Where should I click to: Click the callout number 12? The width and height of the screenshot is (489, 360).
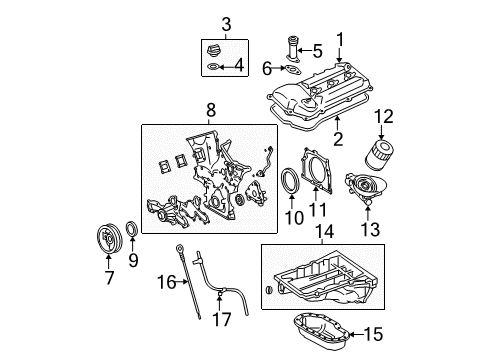tap(384, 116)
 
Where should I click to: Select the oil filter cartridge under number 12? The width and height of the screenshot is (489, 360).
tap(380, 155)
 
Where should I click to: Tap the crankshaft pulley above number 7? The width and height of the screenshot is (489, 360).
tap(108, 239)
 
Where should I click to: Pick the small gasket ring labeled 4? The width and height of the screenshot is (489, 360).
tap(212, 67)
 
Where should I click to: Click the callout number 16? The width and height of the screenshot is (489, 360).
tap(167, 282)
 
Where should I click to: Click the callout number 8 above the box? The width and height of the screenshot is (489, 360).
tap(211, 110)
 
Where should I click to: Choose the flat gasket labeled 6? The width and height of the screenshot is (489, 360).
tap(292, 70)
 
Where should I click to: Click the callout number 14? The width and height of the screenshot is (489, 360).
tap(325, 231)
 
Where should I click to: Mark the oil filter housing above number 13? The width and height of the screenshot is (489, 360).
tap(366, 188)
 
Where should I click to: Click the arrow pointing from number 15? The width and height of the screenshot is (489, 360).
tap(356, 334)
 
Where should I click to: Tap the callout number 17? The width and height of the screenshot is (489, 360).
tap(222, 320)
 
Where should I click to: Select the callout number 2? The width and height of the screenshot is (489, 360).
tap(338, 139)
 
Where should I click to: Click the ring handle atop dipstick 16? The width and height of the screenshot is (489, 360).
tap(179, 248)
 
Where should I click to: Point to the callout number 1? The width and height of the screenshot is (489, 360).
tap(340, 39)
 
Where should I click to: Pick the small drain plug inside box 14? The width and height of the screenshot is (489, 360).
tap(269, 290)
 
